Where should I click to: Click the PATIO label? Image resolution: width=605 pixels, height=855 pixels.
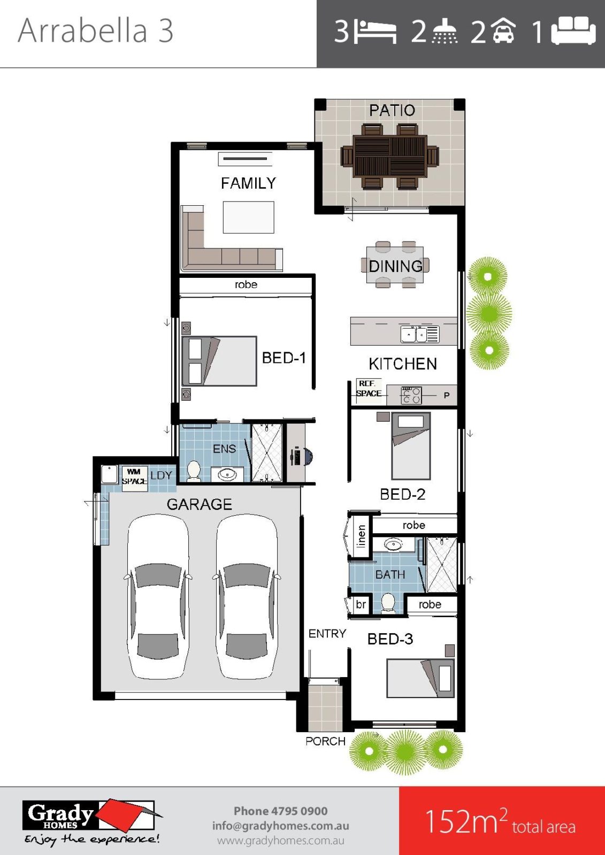[392, 110]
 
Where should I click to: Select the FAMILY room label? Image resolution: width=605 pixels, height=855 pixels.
[248, 183]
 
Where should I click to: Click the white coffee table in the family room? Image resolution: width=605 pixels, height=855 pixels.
[248, 217]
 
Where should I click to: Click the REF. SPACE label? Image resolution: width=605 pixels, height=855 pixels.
[369, 388]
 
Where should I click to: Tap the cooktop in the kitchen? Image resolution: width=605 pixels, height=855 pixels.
[411, 395]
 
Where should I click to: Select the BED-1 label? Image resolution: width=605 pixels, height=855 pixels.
[284, 357]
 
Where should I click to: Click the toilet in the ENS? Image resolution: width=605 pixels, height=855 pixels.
[193, 471]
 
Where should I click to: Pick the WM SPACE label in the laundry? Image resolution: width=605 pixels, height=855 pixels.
[134, 477]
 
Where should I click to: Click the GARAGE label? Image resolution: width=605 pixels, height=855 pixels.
[199, 504]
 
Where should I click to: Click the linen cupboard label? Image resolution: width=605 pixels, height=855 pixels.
[361, 536]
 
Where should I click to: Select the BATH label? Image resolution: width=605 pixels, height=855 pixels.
[390, 574]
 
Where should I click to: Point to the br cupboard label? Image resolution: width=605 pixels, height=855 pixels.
[361, 604]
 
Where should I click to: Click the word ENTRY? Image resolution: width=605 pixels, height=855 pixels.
[327, 634]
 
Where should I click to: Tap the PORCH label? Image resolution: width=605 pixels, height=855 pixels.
[325, 741]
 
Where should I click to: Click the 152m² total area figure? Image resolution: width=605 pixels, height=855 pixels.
[500, 821]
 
